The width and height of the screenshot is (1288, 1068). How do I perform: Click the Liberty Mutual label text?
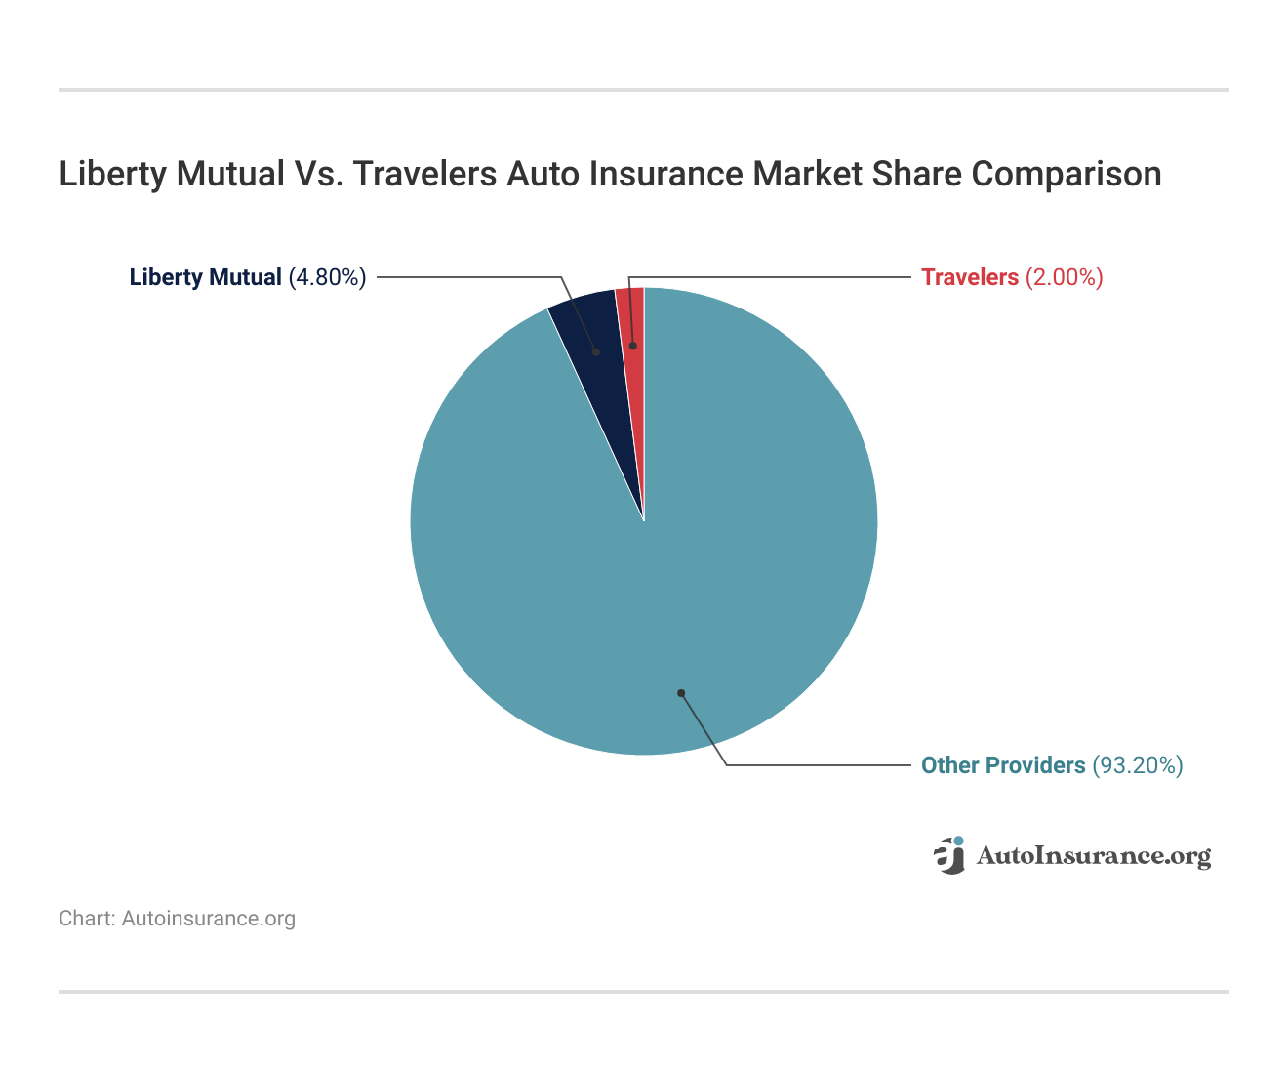205,277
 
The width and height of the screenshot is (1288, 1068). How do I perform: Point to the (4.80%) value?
327,277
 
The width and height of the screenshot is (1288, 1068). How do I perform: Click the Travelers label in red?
970,277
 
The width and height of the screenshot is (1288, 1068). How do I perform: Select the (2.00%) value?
1064,277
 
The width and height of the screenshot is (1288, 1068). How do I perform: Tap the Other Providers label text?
1003,765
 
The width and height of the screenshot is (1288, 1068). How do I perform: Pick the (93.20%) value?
1137,765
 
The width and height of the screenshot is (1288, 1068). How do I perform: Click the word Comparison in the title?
1067,174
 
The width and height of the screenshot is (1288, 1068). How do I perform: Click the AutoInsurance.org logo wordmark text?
1093,856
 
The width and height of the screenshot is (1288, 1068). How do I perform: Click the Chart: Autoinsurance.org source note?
177,919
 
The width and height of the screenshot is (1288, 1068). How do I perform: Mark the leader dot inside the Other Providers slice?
681,693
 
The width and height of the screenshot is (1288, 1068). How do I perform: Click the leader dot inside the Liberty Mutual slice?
595,351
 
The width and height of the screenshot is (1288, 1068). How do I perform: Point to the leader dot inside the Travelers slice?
632,346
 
